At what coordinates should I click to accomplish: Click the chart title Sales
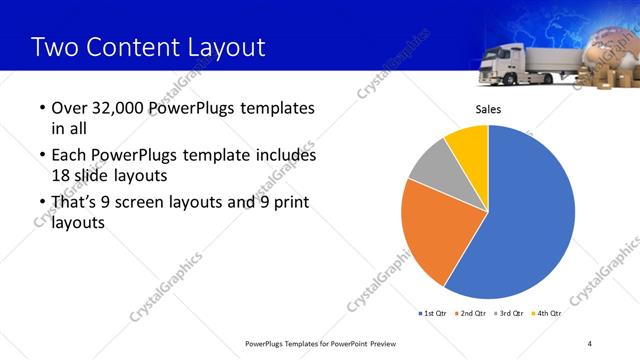487,109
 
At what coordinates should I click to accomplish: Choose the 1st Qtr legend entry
431,313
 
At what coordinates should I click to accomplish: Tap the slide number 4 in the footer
590,343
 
